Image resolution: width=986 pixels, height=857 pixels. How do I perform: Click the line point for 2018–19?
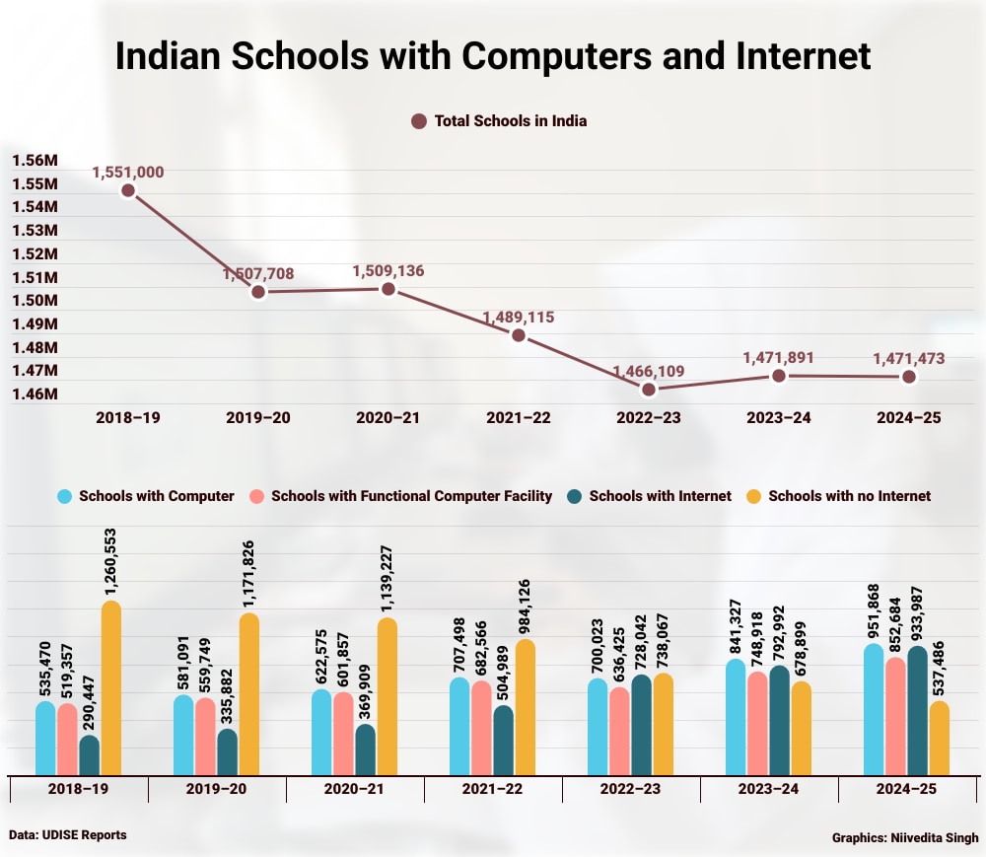[127, 190]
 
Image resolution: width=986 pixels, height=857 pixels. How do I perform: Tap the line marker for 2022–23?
[648, 390]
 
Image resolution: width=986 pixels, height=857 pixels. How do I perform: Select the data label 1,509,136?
[388, 270]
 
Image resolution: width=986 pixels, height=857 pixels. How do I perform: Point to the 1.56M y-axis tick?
[35, 161]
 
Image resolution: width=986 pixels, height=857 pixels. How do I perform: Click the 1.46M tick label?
[35, 394]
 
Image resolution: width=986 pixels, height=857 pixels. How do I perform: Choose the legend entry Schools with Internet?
[660, 496]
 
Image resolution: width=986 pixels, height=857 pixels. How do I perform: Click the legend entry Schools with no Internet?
[849, 496]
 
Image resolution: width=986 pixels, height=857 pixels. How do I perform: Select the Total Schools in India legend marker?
[418, 121]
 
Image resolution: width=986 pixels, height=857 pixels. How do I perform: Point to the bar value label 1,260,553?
[111, 555]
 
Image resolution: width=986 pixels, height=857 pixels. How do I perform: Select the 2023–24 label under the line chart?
[778, 418]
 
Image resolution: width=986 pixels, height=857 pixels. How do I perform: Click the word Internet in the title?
[796, 56]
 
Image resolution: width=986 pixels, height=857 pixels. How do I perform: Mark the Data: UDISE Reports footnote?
[68, 835]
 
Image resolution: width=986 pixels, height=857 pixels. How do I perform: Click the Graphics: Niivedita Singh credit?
[905, 838]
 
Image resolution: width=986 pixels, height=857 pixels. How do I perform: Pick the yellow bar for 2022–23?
[664, 724]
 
